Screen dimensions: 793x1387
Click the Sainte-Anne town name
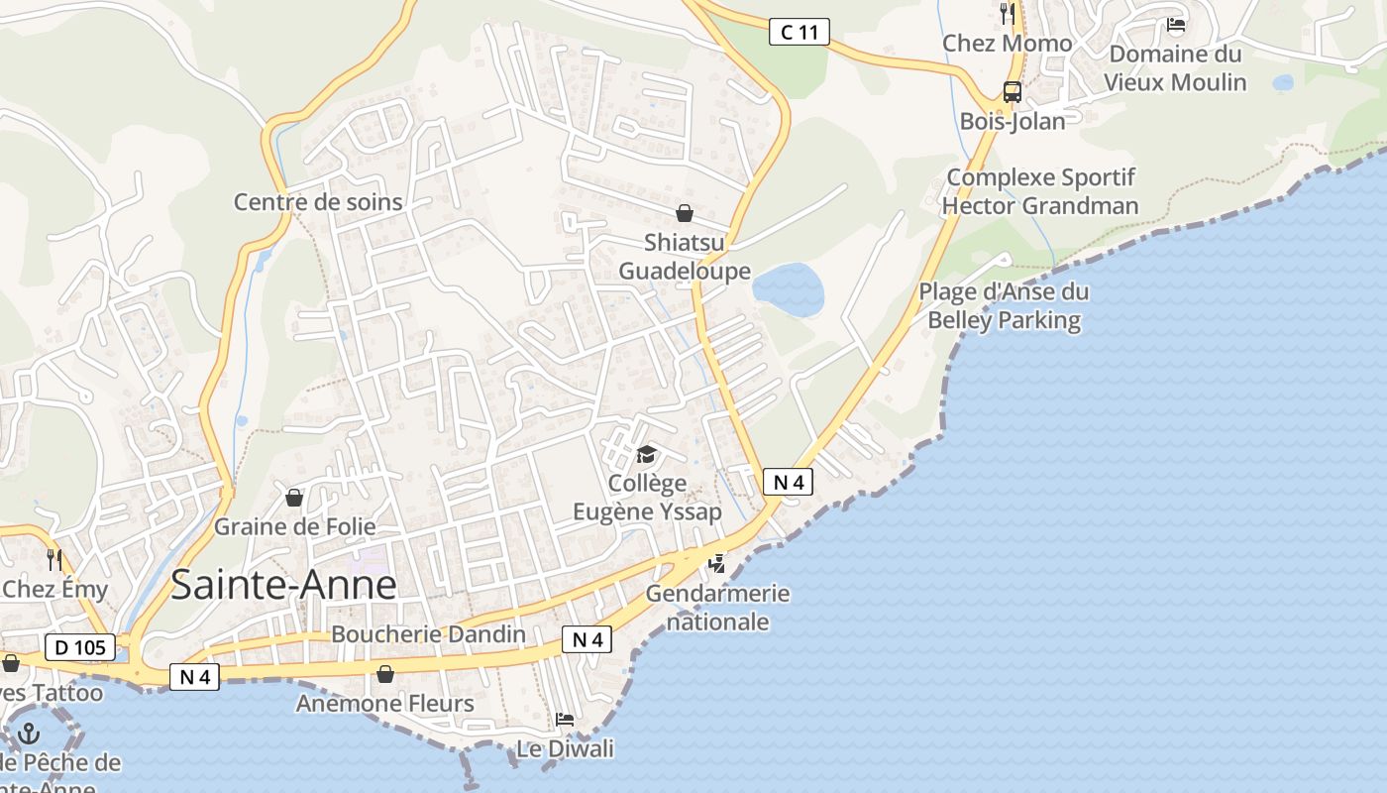pyautogui.click(x=283, y=585)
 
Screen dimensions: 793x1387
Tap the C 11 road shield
pyautogui.click(x=799, y=32)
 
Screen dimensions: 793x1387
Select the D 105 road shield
pyautogui.click(x=79, y=648)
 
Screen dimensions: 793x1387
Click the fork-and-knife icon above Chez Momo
pyautogui.click(x=1008, y=13)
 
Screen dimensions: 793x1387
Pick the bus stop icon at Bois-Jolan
pyautogui.click(x=1012, y=92)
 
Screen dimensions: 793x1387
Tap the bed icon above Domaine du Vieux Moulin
pyautogui.click(x=1176, y=25)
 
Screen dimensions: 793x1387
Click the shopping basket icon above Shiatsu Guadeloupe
pyautogui.click(x=684, y=213)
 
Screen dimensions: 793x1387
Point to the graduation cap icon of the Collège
pyautogui.click(x=646, y=454)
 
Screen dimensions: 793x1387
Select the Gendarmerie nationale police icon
pyautogui.click(x=716, y=564)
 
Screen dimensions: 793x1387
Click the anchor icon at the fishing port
pyautogui.click(x=29, y=735)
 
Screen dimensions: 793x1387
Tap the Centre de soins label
pyautogui.click(x=318, y=202)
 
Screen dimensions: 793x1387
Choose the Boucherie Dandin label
pyautogui.click(x=429, y=634)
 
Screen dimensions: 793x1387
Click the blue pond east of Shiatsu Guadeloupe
pyautogui.click(x=789, y=289)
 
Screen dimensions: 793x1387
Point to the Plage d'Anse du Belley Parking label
pyautogui.click(x=1004, y=306)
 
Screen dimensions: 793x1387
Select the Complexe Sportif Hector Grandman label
pyautogui.click(x=1040, y=191)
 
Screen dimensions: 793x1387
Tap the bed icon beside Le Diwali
pyautogui.click(x=565, y=719)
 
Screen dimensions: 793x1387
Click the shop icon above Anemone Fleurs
pyautogui.click(x=385, y=674)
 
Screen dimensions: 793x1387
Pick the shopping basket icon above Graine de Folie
pyautogui.click(x=293, y=497)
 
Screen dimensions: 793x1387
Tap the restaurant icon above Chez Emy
pyautogui.click(x=53, y=560)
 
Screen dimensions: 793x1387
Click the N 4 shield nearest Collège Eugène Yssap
pyautogui.click(x=788, y=483)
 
